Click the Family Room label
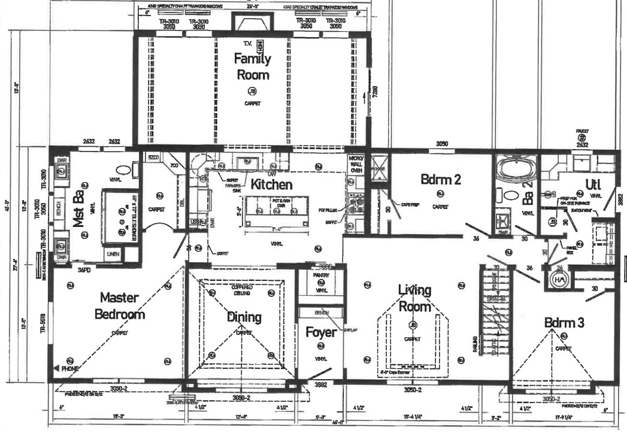point(252,66)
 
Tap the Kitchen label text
point(271,184)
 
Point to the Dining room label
point(244,317)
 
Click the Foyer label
point(320,332)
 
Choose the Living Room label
point(414,298)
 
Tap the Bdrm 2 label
point(440,179)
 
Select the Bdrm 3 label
point(564,322)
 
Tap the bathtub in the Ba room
point(517,168)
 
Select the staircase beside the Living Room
point(493,311)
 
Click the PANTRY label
point(322,276)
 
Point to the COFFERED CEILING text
point(244,290)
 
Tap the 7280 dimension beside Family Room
point(375,92)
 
